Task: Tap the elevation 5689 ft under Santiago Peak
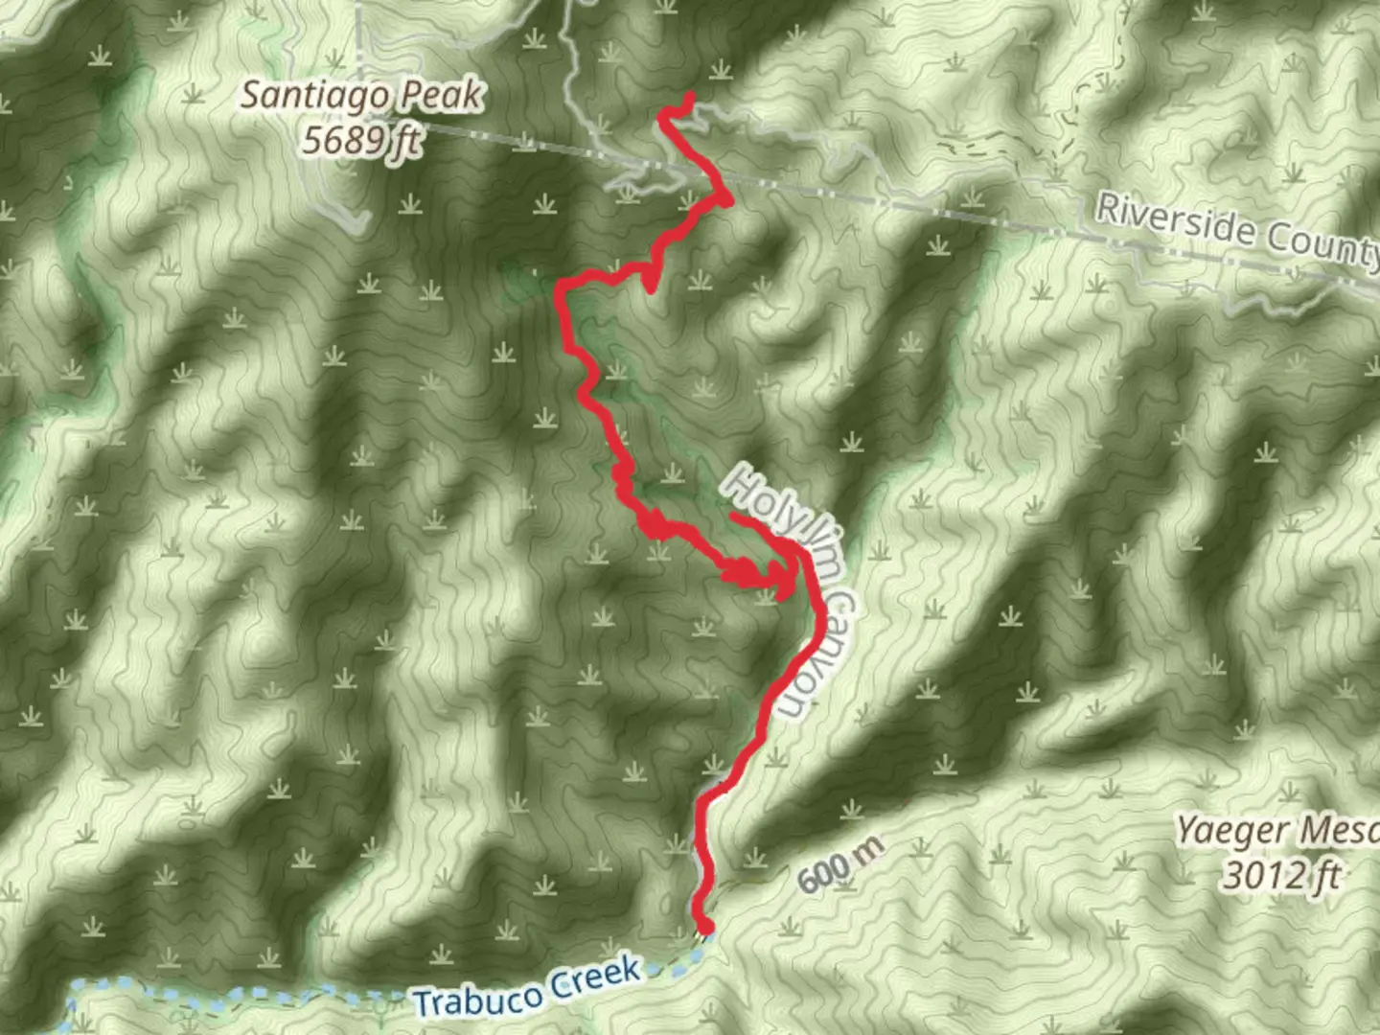pos(361,141)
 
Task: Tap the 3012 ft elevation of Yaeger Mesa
pos(1280,875)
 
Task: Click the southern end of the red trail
pos(705,927)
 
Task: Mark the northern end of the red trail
pos(689,96)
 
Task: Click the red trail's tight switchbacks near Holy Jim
pos(747,573)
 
